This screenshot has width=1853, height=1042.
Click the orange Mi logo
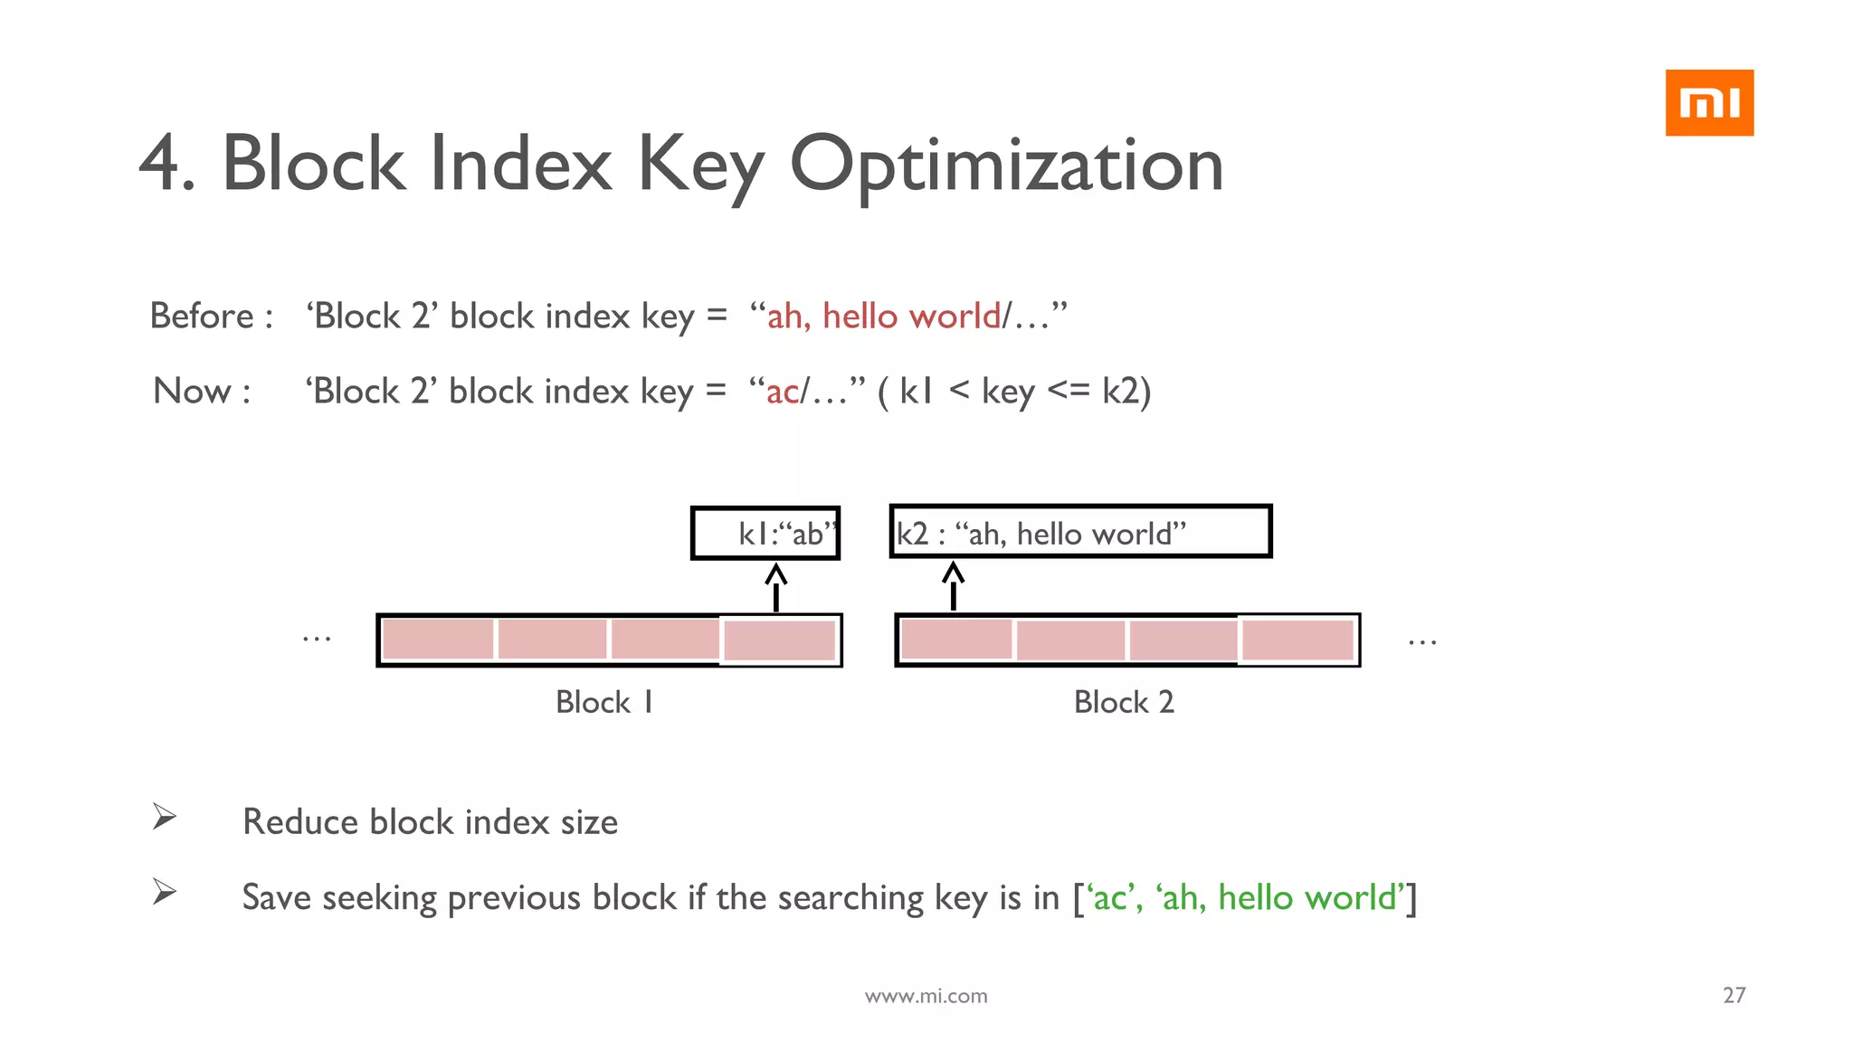coord(1709,103)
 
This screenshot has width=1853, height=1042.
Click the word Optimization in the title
coord(1006,165)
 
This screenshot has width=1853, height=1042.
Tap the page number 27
coord(1734,995)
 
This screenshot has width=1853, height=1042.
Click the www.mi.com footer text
coord(926,996)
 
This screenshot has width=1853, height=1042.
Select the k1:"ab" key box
coord(765,534)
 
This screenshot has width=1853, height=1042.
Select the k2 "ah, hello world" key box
coord(1080,532)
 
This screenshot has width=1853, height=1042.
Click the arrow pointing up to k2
coord(953,586)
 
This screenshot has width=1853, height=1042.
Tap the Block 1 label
coord(603,702)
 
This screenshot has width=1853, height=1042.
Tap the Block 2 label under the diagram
coord(1124,702)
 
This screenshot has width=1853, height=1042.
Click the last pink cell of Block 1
coord(780,640)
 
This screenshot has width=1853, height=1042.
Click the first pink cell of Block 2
coord(956,639)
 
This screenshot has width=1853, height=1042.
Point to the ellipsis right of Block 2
coord(1422,642)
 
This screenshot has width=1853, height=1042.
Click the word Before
coord(202,317)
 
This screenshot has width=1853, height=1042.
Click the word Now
coord(192,392)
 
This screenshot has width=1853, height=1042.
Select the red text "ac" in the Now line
coord(783,392)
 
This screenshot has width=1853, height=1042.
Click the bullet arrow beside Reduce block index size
coord(164,817)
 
